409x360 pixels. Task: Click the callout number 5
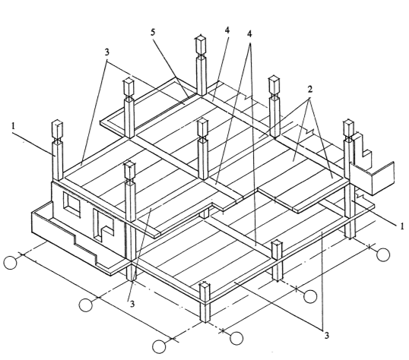pos(153,33)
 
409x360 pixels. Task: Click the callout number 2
pos(310,90)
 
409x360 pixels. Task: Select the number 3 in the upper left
pos(107,52)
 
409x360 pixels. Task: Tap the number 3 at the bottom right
pos(326,335)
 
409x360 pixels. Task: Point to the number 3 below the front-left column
pos(132,304)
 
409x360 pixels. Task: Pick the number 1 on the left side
pos(13,125)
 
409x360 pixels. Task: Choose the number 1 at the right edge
pos(401,226)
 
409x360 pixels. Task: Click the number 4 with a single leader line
pos(227,30)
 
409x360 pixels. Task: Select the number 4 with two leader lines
pos(249,34)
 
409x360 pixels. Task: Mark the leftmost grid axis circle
pos(11,263)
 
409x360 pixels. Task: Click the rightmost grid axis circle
pos(383,254)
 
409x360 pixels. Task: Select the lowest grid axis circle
pos(159,346)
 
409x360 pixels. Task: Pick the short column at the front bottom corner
pos(205,302)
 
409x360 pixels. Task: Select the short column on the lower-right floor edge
pos(277,261)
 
